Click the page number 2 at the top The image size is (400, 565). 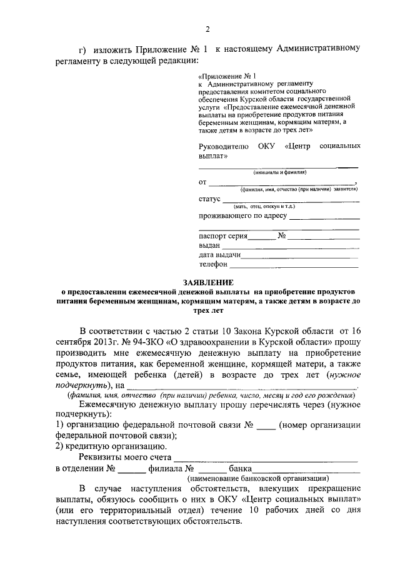(207, 29)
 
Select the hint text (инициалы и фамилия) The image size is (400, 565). (279, 172)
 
